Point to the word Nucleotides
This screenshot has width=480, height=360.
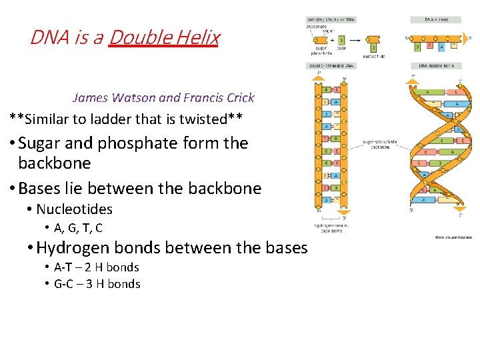[74, 209]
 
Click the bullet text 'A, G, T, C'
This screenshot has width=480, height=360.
[78, 228]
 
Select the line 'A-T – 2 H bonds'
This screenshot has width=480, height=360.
[96, 267]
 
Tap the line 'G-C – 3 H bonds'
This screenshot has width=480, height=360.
[97, 284]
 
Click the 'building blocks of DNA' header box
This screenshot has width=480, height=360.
[331, 19]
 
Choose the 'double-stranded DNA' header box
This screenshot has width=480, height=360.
[331, 65]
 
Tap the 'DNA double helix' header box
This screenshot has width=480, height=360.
[436, 65]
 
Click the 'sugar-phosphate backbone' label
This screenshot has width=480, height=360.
[379, 144]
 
